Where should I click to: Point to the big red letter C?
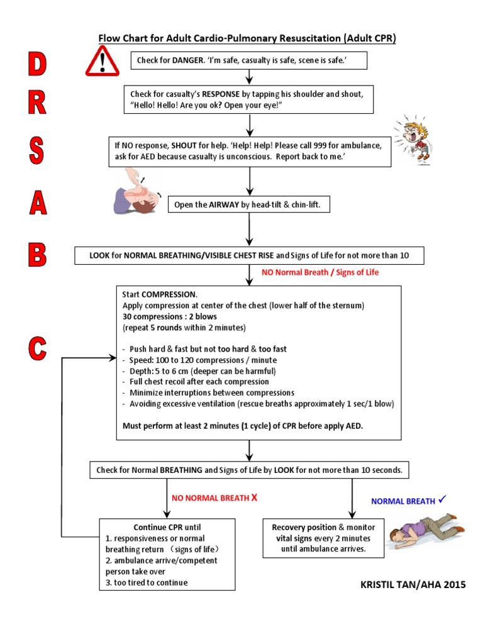tap(37, 348)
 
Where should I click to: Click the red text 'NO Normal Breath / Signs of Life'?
tap(320, 272)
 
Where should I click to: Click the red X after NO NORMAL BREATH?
tap(254, 498)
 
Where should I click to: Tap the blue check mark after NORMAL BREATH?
tap(442, 500)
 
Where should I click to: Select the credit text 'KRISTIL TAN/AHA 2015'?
tap(413, 584)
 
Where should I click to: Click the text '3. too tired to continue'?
tap(147, 582)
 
